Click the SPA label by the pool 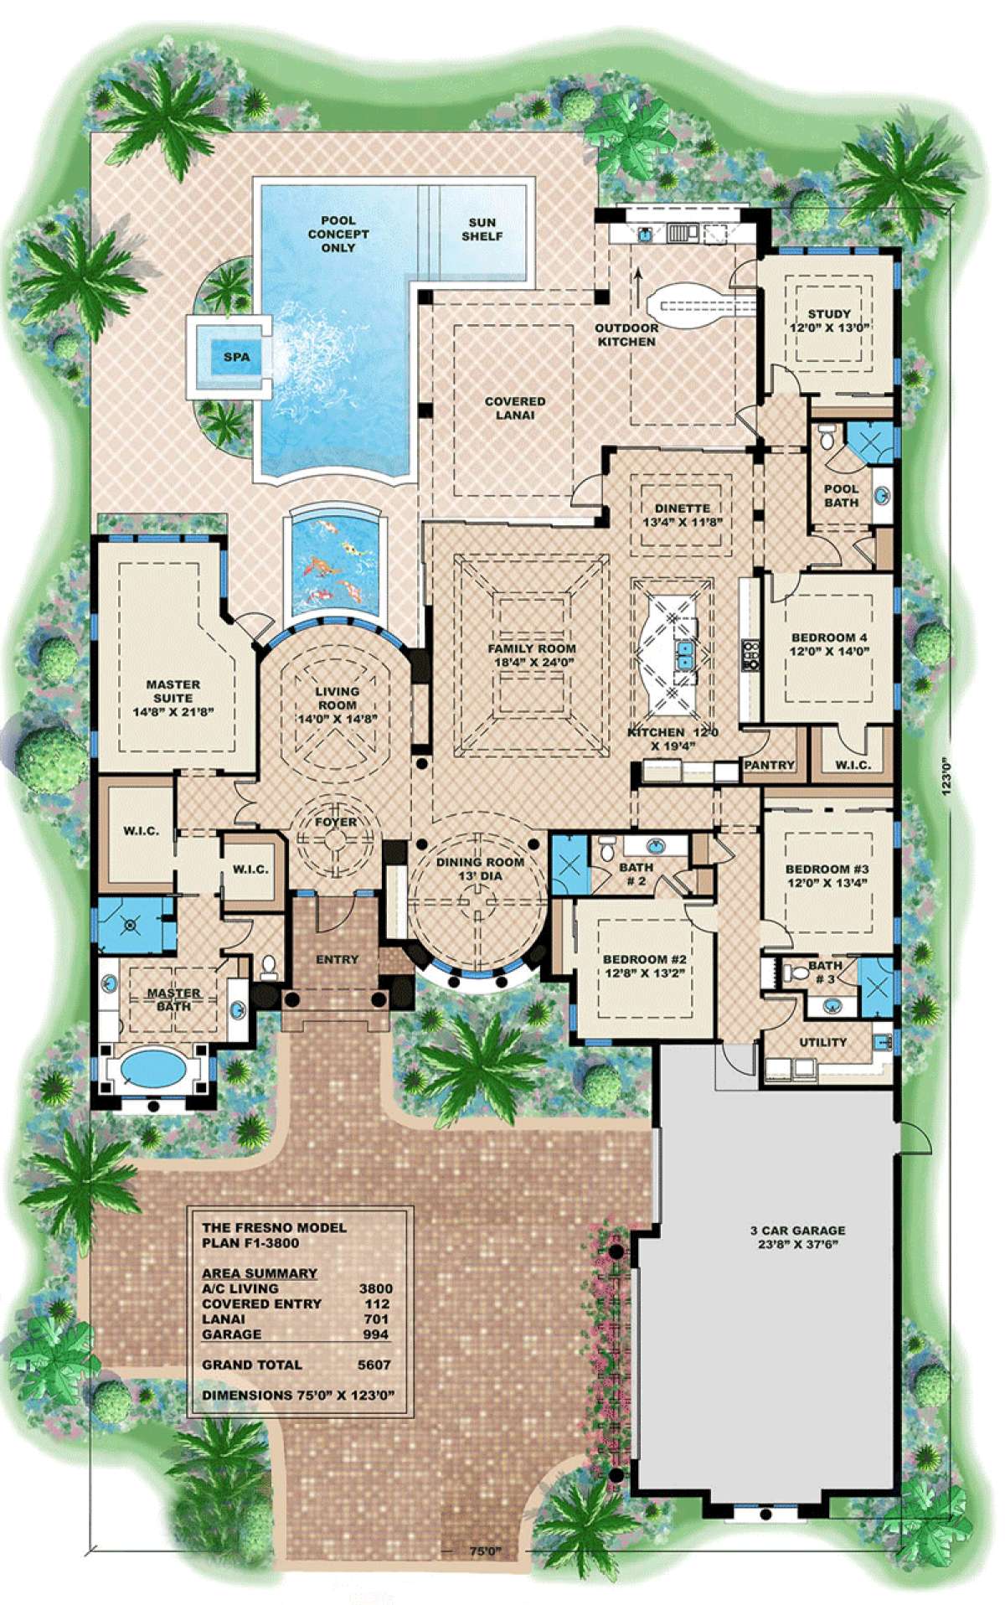(x=236, y=357)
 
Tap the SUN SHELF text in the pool (x=482, y=230)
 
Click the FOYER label (x=336, y=822)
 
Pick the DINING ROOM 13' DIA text (x=480, y=869)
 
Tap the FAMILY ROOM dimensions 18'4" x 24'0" (x=532, y=662)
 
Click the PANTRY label (x=769, y=765)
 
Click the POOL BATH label (x=841, y=495)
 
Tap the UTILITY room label (x=822, y=1042)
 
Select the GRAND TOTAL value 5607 (x=374, y=1365)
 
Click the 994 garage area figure (x=376, y=1334)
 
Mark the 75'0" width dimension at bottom (x=485, y=1551)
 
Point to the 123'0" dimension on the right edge (x=946, y=776)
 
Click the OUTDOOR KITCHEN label (x=626, y=335)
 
